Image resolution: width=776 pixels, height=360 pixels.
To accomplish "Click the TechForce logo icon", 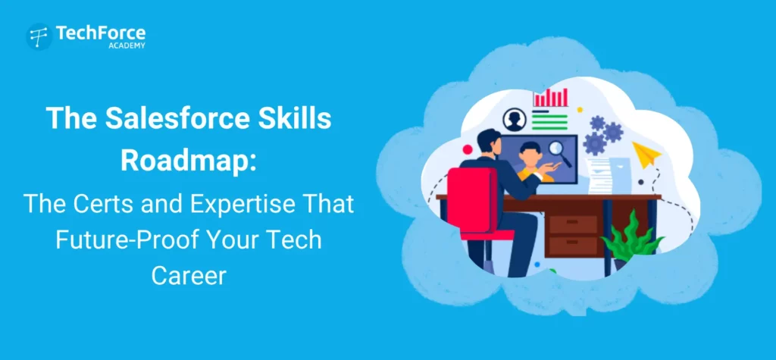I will [39, 36].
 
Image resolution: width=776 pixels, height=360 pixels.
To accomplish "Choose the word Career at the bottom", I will [188, 274].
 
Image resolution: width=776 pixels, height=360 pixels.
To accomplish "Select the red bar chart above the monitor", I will [550, 97].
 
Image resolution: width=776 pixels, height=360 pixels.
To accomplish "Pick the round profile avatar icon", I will [515, 120].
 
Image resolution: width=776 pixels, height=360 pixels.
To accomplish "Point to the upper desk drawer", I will [573, 224].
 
